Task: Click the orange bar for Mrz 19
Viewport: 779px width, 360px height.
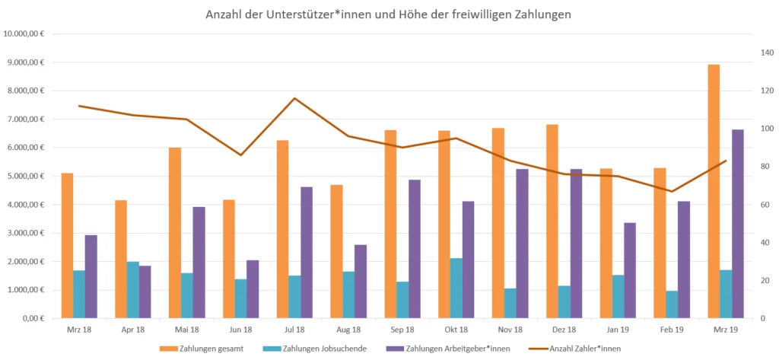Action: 714,191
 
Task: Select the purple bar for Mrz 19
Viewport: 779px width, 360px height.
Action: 738,224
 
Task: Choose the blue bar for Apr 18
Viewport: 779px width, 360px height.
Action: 132,290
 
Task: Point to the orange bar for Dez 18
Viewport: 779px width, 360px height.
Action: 552,221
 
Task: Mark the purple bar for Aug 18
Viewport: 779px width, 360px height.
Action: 361,282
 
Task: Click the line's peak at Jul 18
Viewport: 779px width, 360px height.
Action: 294,98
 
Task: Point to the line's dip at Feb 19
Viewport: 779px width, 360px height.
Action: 672,191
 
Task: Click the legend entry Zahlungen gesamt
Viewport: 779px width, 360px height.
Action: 208,348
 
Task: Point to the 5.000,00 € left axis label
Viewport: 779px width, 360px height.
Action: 26,176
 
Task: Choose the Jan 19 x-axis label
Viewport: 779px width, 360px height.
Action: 617,330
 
